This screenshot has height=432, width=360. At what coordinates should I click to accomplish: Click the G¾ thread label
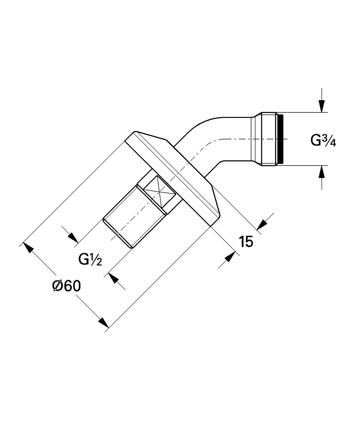point(323,140)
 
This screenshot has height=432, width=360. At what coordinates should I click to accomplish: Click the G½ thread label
point(90,259)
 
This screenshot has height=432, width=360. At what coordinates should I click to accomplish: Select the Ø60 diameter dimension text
point(67,286)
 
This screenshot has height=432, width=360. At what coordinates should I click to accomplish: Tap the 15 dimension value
point(246,241)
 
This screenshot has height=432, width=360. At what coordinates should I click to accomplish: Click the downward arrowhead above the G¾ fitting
point(322,106)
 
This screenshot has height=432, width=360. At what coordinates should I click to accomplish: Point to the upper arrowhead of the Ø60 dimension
point(28,247)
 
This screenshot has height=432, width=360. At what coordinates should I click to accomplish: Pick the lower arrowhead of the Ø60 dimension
point(104,323)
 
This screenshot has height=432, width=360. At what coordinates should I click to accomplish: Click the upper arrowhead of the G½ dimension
point(73,238)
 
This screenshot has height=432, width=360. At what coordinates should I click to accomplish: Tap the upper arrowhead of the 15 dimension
point(262,224)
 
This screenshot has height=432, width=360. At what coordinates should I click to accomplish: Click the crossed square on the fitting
point(160,192)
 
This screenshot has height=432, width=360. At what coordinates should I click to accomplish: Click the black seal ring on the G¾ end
point(280,139)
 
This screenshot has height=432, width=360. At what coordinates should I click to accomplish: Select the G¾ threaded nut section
point(269,139)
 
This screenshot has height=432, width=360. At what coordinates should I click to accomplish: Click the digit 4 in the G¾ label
point(333,143)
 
